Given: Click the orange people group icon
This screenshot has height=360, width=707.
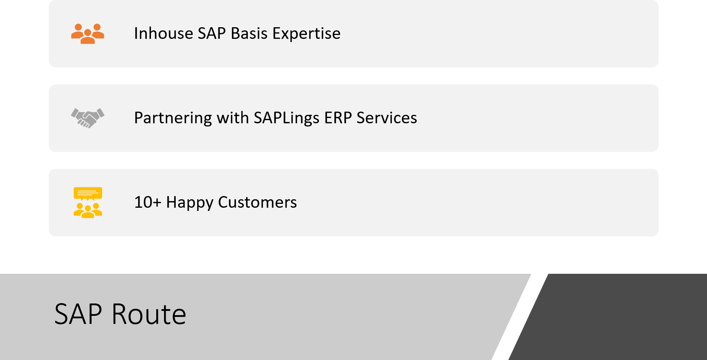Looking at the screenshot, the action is click(88, 34).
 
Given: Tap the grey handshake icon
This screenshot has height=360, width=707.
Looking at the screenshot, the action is click(88, 118).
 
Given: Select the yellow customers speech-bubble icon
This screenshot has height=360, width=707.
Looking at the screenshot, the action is click(88, 202).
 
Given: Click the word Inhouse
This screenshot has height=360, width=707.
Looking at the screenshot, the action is click(163, 34).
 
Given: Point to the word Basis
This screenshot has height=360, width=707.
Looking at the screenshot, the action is click(249, 34).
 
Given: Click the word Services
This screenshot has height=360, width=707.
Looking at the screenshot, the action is click(387, 118).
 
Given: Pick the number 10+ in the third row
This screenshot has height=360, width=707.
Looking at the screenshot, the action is click(148, 202).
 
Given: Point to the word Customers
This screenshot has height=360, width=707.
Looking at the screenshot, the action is click(257, 202).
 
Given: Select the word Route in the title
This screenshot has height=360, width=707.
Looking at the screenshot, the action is click(149, 314).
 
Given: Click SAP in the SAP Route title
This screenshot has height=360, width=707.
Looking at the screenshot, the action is click(78, 314).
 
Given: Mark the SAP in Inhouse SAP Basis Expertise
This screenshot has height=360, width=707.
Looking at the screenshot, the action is click(212, 34).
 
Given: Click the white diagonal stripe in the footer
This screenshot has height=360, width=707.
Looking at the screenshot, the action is click(520, 317).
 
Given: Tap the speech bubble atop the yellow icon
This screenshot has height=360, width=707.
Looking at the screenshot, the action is click(88, 193).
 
